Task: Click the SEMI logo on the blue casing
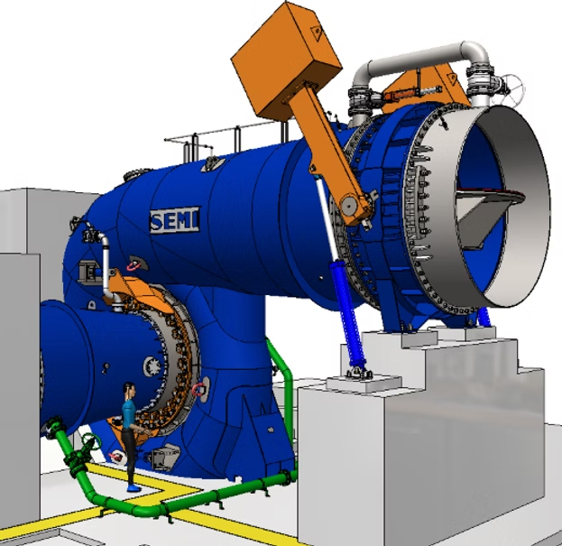(174, 220)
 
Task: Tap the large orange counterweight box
(286, 60)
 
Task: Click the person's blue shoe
(134, 488)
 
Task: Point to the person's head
(129, 390)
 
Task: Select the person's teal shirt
(128, 413)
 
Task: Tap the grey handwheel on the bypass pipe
(512, 89)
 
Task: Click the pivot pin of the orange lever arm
(349, 205)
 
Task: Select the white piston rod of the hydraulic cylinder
(327, 219)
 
